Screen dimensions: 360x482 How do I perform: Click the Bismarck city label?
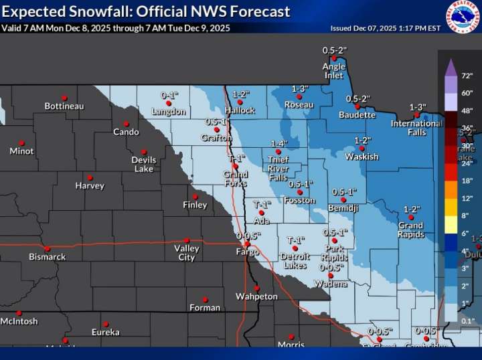47,257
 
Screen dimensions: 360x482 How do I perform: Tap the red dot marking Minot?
21,143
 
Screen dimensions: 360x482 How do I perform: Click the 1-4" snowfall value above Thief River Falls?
280,143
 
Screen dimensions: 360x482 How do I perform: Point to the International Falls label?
416,127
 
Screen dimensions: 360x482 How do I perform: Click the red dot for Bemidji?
343,199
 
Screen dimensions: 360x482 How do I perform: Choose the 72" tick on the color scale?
467,75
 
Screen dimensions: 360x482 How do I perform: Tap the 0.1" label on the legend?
467,321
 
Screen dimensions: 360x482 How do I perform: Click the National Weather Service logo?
463,17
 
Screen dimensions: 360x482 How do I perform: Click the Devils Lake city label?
143,164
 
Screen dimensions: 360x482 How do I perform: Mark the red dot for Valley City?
187,240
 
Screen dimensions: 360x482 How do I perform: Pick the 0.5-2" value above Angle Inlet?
334,50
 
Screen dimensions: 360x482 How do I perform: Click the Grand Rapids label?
410,230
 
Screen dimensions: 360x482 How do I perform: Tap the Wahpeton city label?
256,296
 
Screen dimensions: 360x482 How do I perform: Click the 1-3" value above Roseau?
299,89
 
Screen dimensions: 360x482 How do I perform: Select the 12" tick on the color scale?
467,198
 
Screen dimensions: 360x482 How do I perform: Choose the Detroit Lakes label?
295,261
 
